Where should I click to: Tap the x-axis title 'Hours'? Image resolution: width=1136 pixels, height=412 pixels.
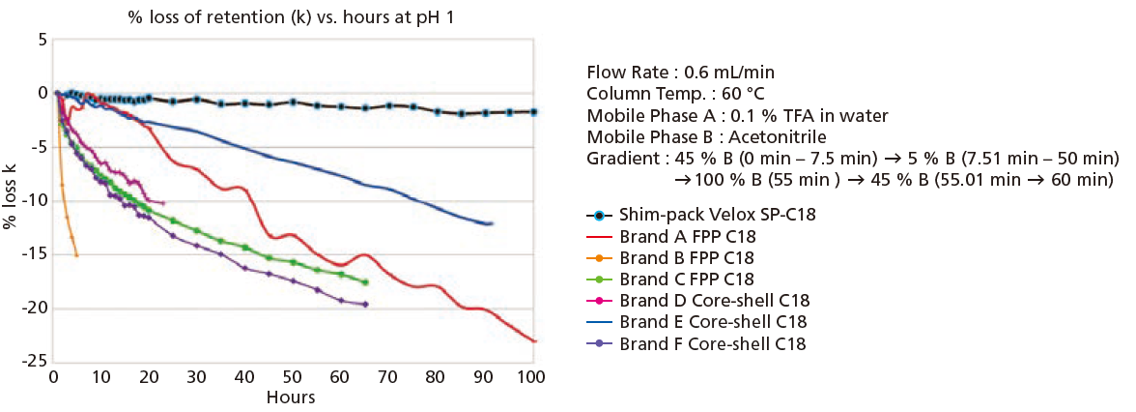click(x=292, y=397)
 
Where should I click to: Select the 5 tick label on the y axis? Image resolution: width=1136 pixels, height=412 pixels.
click(x=42, y=40)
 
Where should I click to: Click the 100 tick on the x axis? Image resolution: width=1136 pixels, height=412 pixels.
click(x=531, y=376)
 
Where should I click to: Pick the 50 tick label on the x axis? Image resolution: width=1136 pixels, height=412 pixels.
click(x=293, y=376)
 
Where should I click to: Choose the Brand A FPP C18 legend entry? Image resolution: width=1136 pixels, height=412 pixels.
click(x=687, y=237)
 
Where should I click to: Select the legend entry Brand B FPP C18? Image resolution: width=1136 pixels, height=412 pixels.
click(x=687, y=258)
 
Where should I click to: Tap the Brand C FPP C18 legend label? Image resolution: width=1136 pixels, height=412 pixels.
click(x=687, y=280)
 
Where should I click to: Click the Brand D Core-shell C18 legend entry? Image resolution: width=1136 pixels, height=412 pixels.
click(x=714, y=301)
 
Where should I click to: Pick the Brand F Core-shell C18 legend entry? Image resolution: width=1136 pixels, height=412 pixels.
click(x=713, y=343)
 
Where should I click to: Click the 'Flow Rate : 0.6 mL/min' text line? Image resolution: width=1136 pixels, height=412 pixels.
click(x=680, y=73)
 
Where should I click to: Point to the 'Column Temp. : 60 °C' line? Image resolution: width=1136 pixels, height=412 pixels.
click(x=676, y=94)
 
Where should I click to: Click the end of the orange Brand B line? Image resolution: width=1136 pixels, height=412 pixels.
click(x=76, y=255)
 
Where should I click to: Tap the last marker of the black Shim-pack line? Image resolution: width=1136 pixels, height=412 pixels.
click(x=533, y=112)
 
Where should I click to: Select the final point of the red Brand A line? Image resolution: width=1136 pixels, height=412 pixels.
click(x=534, y=340)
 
